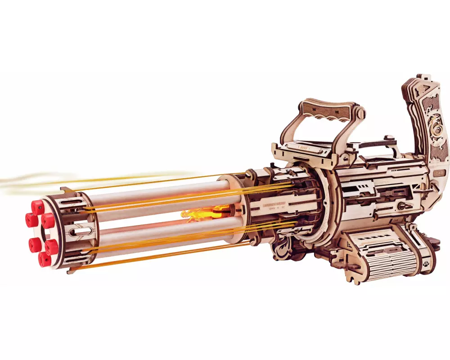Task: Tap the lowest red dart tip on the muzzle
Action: (x=44, y=259)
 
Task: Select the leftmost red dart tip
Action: (x=31, y=220)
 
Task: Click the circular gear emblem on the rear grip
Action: (x=436, y=130)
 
